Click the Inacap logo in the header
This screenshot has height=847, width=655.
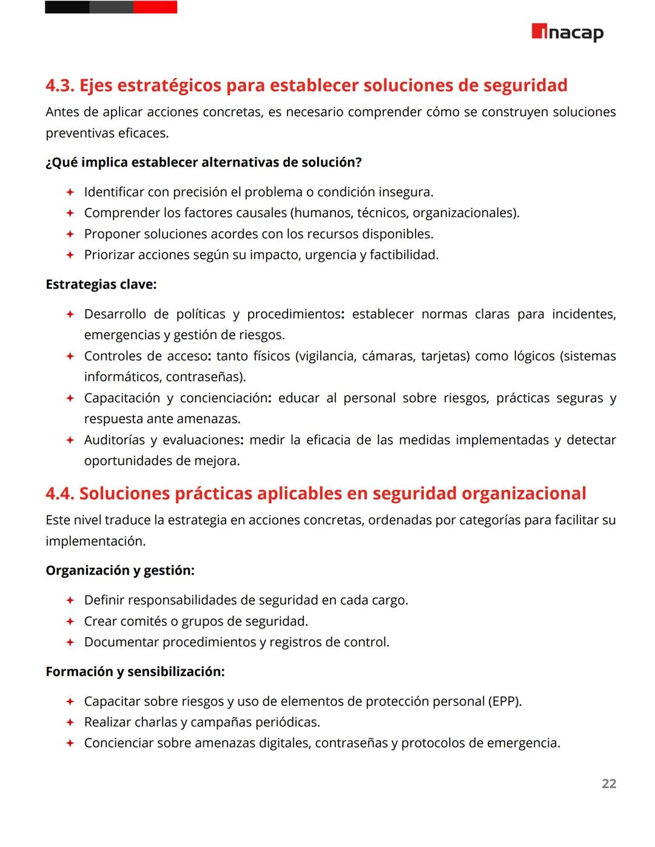pos(567,32)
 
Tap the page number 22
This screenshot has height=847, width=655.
pos(608,783)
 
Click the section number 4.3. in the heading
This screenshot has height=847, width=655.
pos(60,85)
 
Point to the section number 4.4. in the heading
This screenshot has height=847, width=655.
pos(60,494)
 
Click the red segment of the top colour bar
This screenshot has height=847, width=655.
pos(155,7)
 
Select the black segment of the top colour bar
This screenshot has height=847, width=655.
pos(67,7)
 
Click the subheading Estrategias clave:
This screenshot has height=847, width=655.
pos(101,284)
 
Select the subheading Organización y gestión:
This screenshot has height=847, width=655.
pos(120,571)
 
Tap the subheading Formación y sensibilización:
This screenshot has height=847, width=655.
pos(135,672)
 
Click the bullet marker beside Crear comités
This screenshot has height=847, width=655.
pos(70,621)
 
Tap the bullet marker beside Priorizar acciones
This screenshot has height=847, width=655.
pos(70,255)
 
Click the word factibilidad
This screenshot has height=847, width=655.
pos(404,255)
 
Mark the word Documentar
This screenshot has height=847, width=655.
pos(118,642)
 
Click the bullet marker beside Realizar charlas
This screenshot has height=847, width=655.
pos(70,723)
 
